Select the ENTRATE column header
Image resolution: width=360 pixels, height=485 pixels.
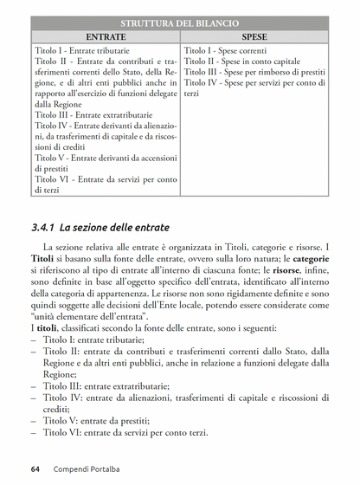[106, 38]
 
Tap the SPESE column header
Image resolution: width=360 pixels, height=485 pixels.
[254, 38]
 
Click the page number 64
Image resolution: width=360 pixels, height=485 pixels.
[35, 469]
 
